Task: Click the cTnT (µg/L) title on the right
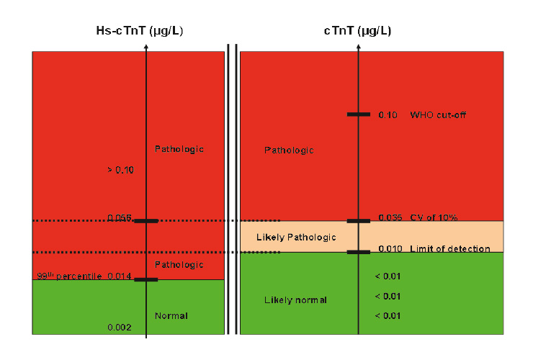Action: pos(358,31)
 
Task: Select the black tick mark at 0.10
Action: pos(358,114)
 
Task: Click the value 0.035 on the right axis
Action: pos(390,217)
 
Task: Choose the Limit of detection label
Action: pos(449,249)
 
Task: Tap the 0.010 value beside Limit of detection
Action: pos(390,249)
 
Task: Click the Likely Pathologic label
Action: pos(296,237)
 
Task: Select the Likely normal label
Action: pos(295,300)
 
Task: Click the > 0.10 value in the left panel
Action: pos(120,170)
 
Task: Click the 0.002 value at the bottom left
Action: pos(120,328)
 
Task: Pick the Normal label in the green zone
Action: pos(171,315)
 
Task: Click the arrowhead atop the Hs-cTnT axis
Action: pos(146,46)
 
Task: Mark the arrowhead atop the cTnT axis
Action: pos(358,46)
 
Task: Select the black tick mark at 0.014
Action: pos(145,279)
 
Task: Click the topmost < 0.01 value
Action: pos(387,276)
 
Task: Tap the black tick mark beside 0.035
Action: pos(358,221)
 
